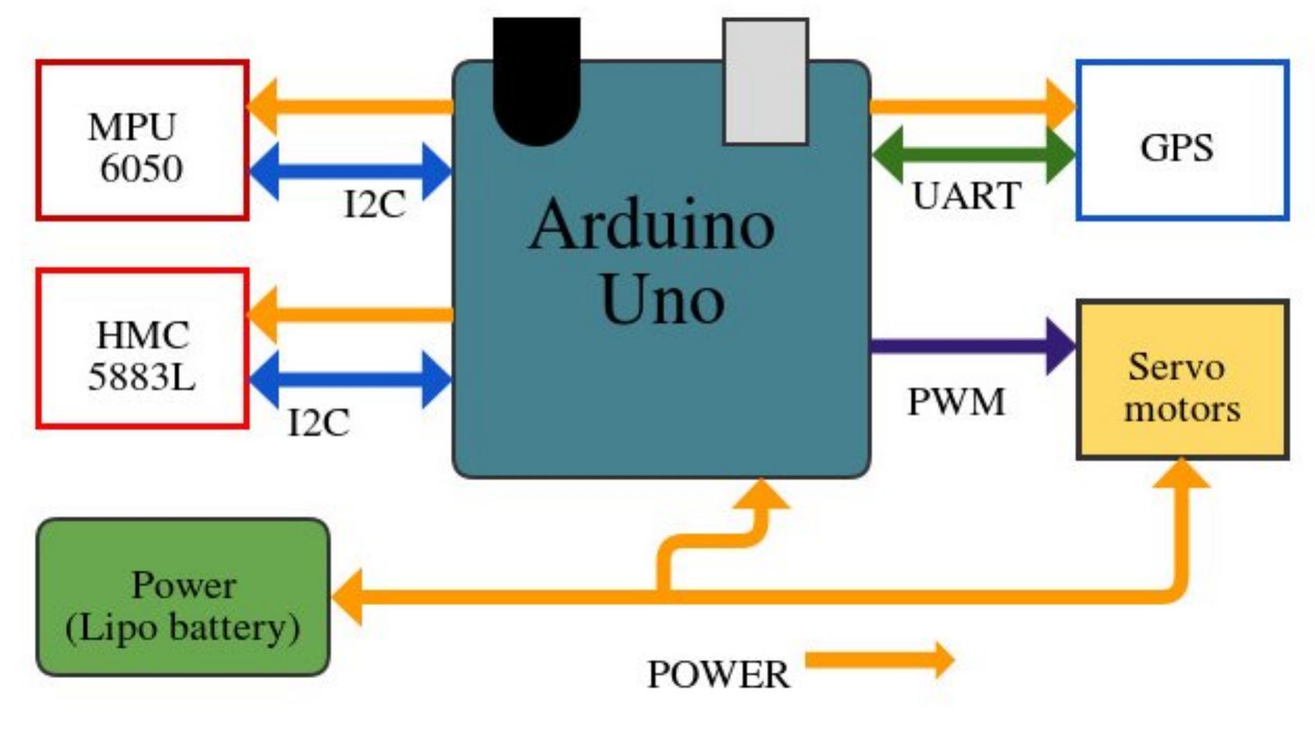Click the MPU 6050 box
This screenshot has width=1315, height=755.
coord(142,141)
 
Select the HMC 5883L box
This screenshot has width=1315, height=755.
coord(142,349)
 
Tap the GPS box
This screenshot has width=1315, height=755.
coord(1182,141)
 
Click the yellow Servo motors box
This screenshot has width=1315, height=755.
coord(1182,381)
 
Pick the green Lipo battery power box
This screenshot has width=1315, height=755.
coord(183,598)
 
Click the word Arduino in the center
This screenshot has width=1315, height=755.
coord(652,225)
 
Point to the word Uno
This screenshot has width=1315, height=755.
coord(662,300)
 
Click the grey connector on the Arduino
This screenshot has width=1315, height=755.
coord(765,82)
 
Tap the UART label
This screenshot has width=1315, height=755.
coord(966,196)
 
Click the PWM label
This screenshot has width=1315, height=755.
coord(956,401)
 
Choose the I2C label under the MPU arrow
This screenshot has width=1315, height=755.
coord(374,205)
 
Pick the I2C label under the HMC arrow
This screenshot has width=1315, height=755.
coord(318,422)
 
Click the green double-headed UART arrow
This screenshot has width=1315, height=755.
coord(973,154)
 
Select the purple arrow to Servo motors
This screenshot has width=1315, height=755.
coord(970,346)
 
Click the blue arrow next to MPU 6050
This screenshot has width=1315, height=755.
coord(350,171)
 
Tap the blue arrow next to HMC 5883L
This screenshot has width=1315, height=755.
coord(350,379)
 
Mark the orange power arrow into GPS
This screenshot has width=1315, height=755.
coord(970,106)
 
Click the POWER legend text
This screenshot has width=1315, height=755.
coord(717,675)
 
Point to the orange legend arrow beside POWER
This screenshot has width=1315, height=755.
coord(879,659)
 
